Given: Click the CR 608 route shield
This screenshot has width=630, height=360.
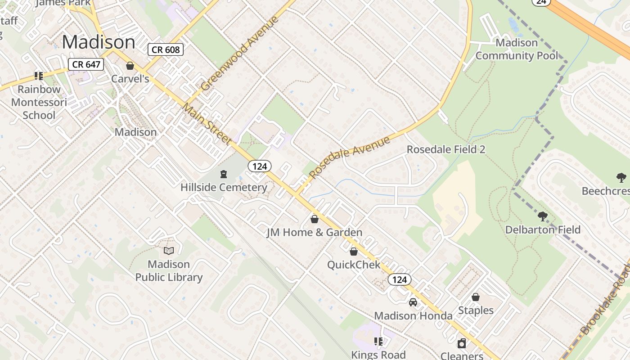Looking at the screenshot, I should (x=166, y=49).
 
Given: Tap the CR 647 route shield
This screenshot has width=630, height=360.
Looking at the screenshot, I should (x=86, y=64).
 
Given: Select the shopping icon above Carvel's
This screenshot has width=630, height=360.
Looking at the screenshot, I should (x=130, y=66).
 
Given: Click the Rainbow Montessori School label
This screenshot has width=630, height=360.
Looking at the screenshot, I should (x=39, y=102).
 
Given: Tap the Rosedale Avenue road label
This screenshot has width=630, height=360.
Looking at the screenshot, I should (x=350, y=157).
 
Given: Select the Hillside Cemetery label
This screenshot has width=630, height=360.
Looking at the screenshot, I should (x=224, y=187).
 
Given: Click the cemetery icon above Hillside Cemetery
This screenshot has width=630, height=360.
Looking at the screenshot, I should (x=223, y=174).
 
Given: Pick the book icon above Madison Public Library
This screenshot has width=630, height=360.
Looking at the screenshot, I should (x=169, y=251).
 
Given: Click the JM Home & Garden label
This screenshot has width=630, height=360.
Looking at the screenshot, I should (x=314, y=233).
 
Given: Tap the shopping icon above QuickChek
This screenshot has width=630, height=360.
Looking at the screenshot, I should (x=354, y=252).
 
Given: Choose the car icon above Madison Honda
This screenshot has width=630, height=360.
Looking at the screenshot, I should (x=413, y=302).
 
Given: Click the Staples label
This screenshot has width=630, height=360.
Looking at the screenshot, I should (x=476, y=310).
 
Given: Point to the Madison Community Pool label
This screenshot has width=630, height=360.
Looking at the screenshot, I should (x=517, y=49).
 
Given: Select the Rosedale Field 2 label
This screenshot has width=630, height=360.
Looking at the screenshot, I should (x=446, y=149).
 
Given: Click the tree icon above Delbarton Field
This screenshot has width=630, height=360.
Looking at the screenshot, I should (x=543, y=216).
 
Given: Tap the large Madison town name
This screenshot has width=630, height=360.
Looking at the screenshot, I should (x=99, y=42).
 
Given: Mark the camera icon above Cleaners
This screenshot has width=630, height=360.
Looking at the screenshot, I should (x=462, y=344).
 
